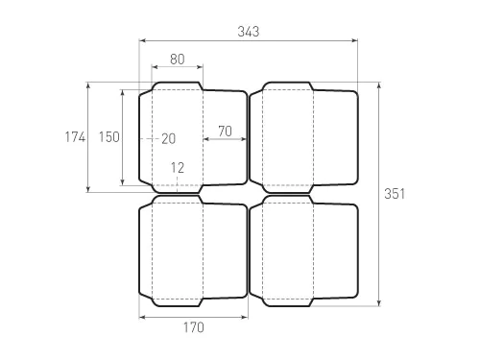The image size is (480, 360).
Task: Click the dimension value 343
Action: (248, 32)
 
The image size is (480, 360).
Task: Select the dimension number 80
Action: (178, 59)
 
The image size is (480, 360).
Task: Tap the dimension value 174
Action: (73, 136)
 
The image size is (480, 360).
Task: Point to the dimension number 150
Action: (108, 136)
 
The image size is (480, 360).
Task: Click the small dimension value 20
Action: (168, 138)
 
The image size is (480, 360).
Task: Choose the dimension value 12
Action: (178, 167)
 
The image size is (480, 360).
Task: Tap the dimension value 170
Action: (193, 327)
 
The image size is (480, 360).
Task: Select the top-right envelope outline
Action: (302, 134)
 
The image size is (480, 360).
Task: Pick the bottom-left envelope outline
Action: (192, 250)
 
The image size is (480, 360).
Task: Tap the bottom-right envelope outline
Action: (302, 250)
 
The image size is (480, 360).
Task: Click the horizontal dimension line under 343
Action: (249, 41)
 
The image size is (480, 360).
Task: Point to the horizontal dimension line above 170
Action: (193, 316)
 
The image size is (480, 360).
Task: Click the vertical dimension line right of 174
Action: (88, 136)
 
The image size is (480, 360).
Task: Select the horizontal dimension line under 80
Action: (178, 68)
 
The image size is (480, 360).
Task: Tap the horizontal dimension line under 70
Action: (225, 140)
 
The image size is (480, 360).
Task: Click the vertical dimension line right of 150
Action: (123, 136)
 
